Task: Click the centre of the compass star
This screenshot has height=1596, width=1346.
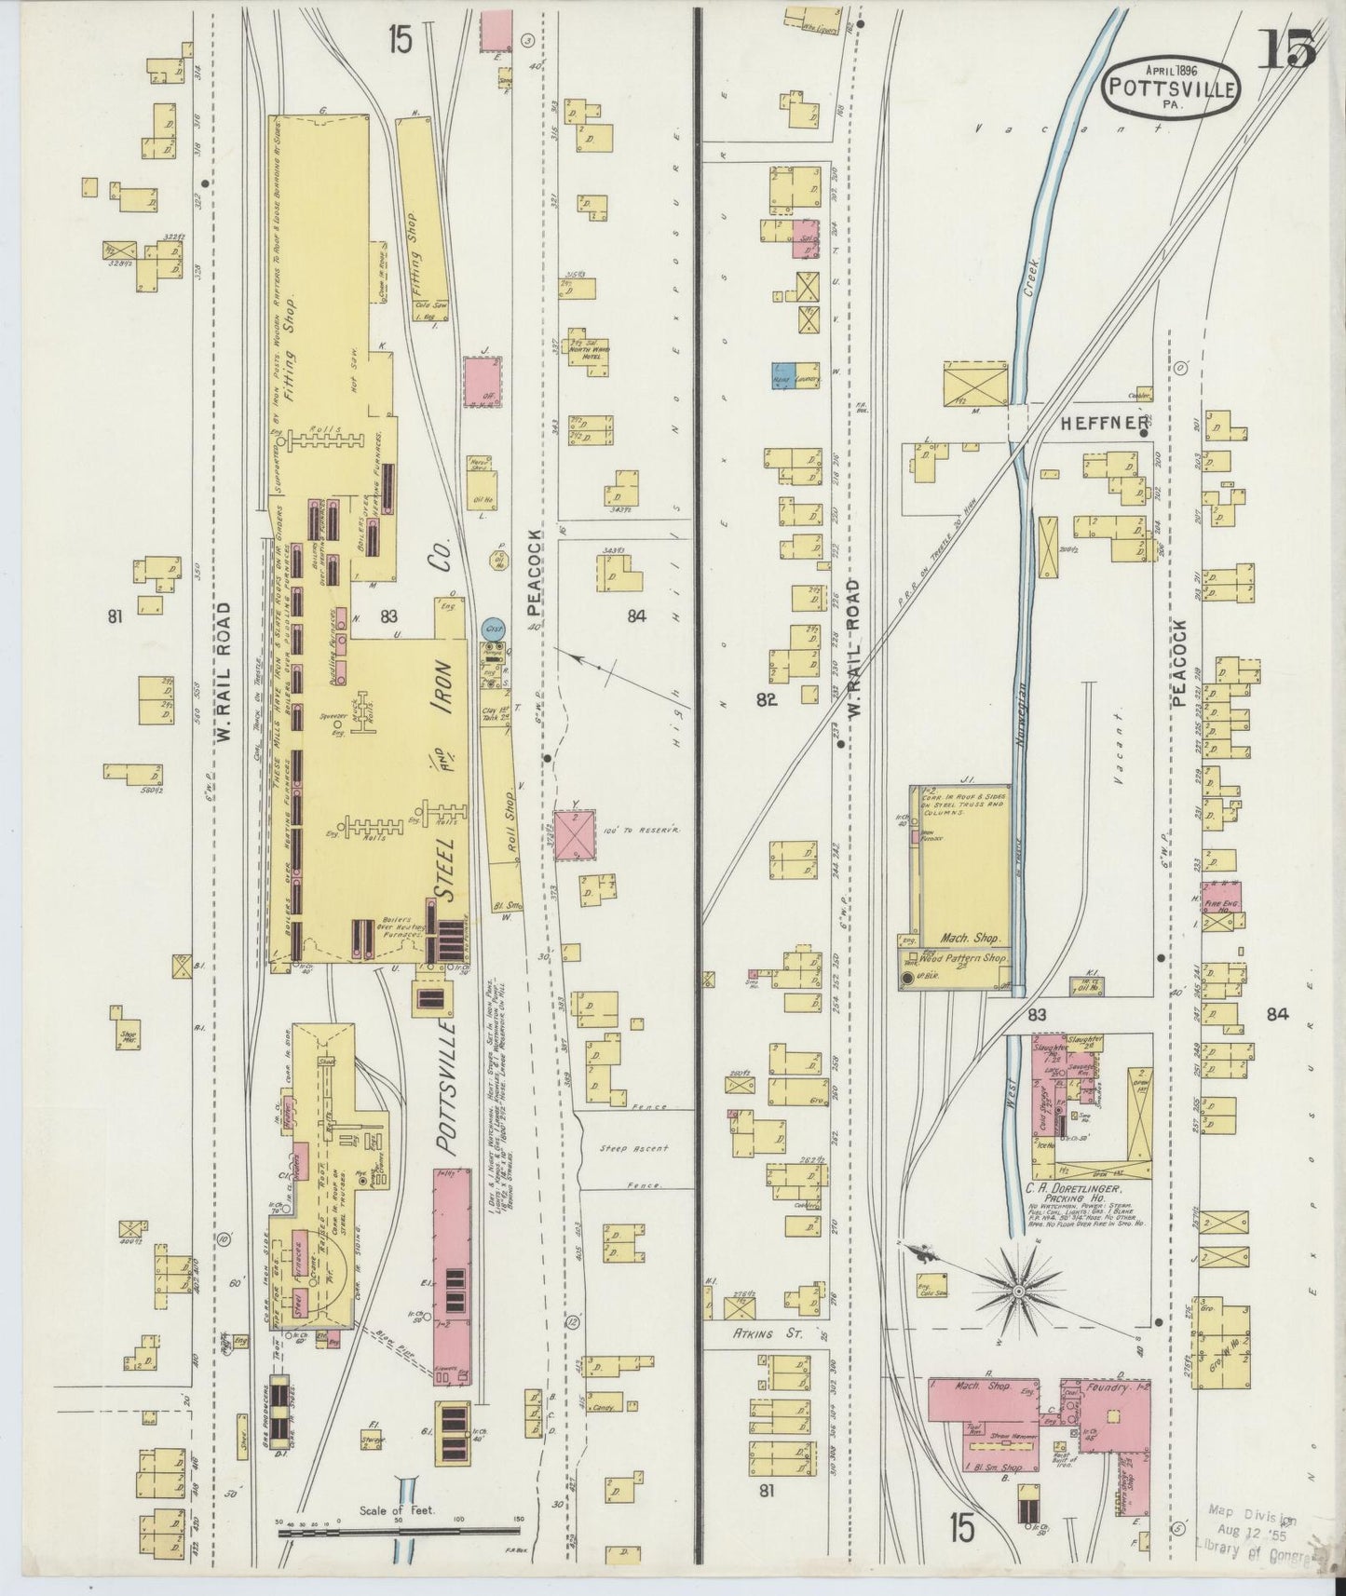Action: pyautogui.click(x=1018, y=1291)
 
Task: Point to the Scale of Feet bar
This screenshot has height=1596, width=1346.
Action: pyautogui.click(x=400, y=1527)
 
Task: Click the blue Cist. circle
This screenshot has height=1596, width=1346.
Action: pyautogui.click(x=494, y=628)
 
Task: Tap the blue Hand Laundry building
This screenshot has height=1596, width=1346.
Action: pyautogui.click(x=781, y=373)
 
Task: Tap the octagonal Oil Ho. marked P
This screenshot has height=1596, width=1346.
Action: pyautogui.click(x=499, y=561)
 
